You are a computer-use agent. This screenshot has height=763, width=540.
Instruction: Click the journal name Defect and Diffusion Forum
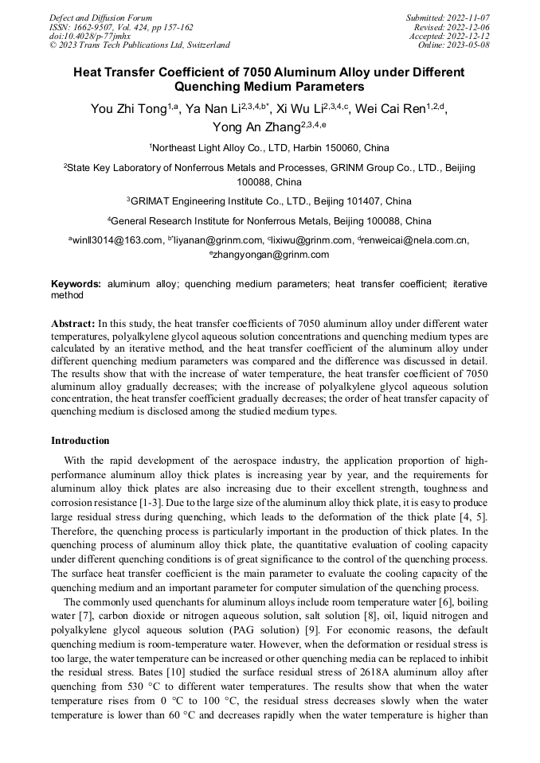pos(100,18)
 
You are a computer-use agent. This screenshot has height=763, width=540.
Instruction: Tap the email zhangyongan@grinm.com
pos(271,255)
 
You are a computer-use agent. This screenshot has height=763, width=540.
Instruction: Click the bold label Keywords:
pos(76,284)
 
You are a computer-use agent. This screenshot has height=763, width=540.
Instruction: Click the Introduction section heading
pos(80,440)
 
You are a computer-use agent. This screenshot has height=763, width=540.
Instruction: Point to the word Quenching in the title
pos(209,87)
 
